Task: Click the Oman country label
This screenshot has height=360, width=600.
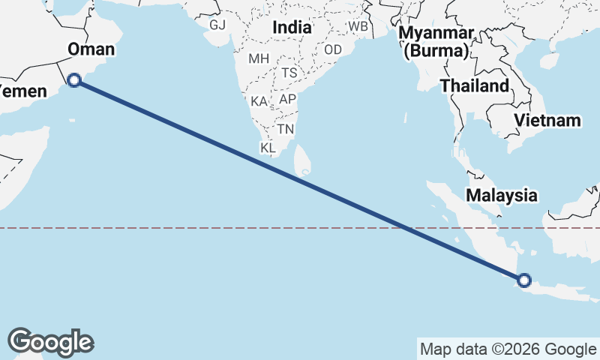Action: (x=91, y=49)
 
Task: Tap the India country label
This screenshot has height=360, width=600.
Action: (x=292, y=27)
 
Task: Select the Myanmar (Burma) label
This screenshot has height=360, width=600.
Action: (x=436, y=42)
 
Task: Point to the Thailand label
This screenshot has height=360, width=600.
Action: (x=474, y=85)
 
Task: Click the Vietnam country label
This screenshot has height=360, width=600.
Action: (x=547, y=120)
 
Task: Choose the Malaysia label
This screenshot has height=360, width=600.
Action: (x=502, y=196)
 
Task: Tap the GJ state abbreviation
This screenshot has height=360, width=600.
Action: (x=217, y=25)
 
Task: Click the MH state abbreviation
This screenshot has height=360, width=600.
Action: (x=258, y=58)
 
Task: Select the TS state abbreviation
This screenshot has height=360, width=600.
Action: (x=290, y=73)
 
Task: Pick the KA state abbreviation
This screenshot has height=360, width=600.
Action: (x=259, y=101)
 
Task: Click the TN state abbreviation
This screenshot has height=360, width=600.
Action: (x=285, y=129)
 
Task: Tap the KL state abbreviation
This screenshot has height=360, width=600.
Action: (x=268, y=148)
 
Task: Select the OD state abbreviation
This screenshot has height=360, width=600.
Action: (x=334, y=49)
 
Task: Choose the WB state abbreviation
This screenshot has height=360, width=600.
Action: (x=358, y=26)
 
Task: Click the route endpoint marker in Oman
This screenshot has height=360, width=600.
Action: (x=74, y=80)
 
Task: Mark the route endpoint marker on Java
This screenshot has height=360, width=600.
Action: (x=523, y=280)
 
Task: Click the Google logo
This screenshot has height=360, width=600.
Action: (x=50, y=342)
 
